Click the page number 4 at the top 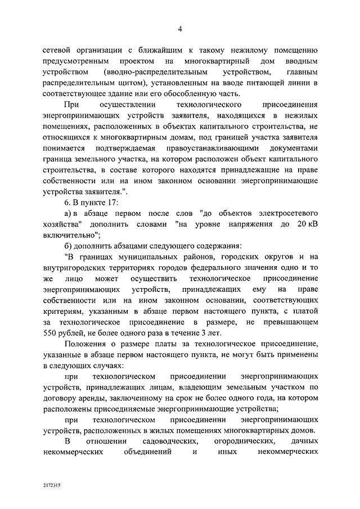coord(179,30)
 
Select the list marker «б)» coord(69,246)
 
